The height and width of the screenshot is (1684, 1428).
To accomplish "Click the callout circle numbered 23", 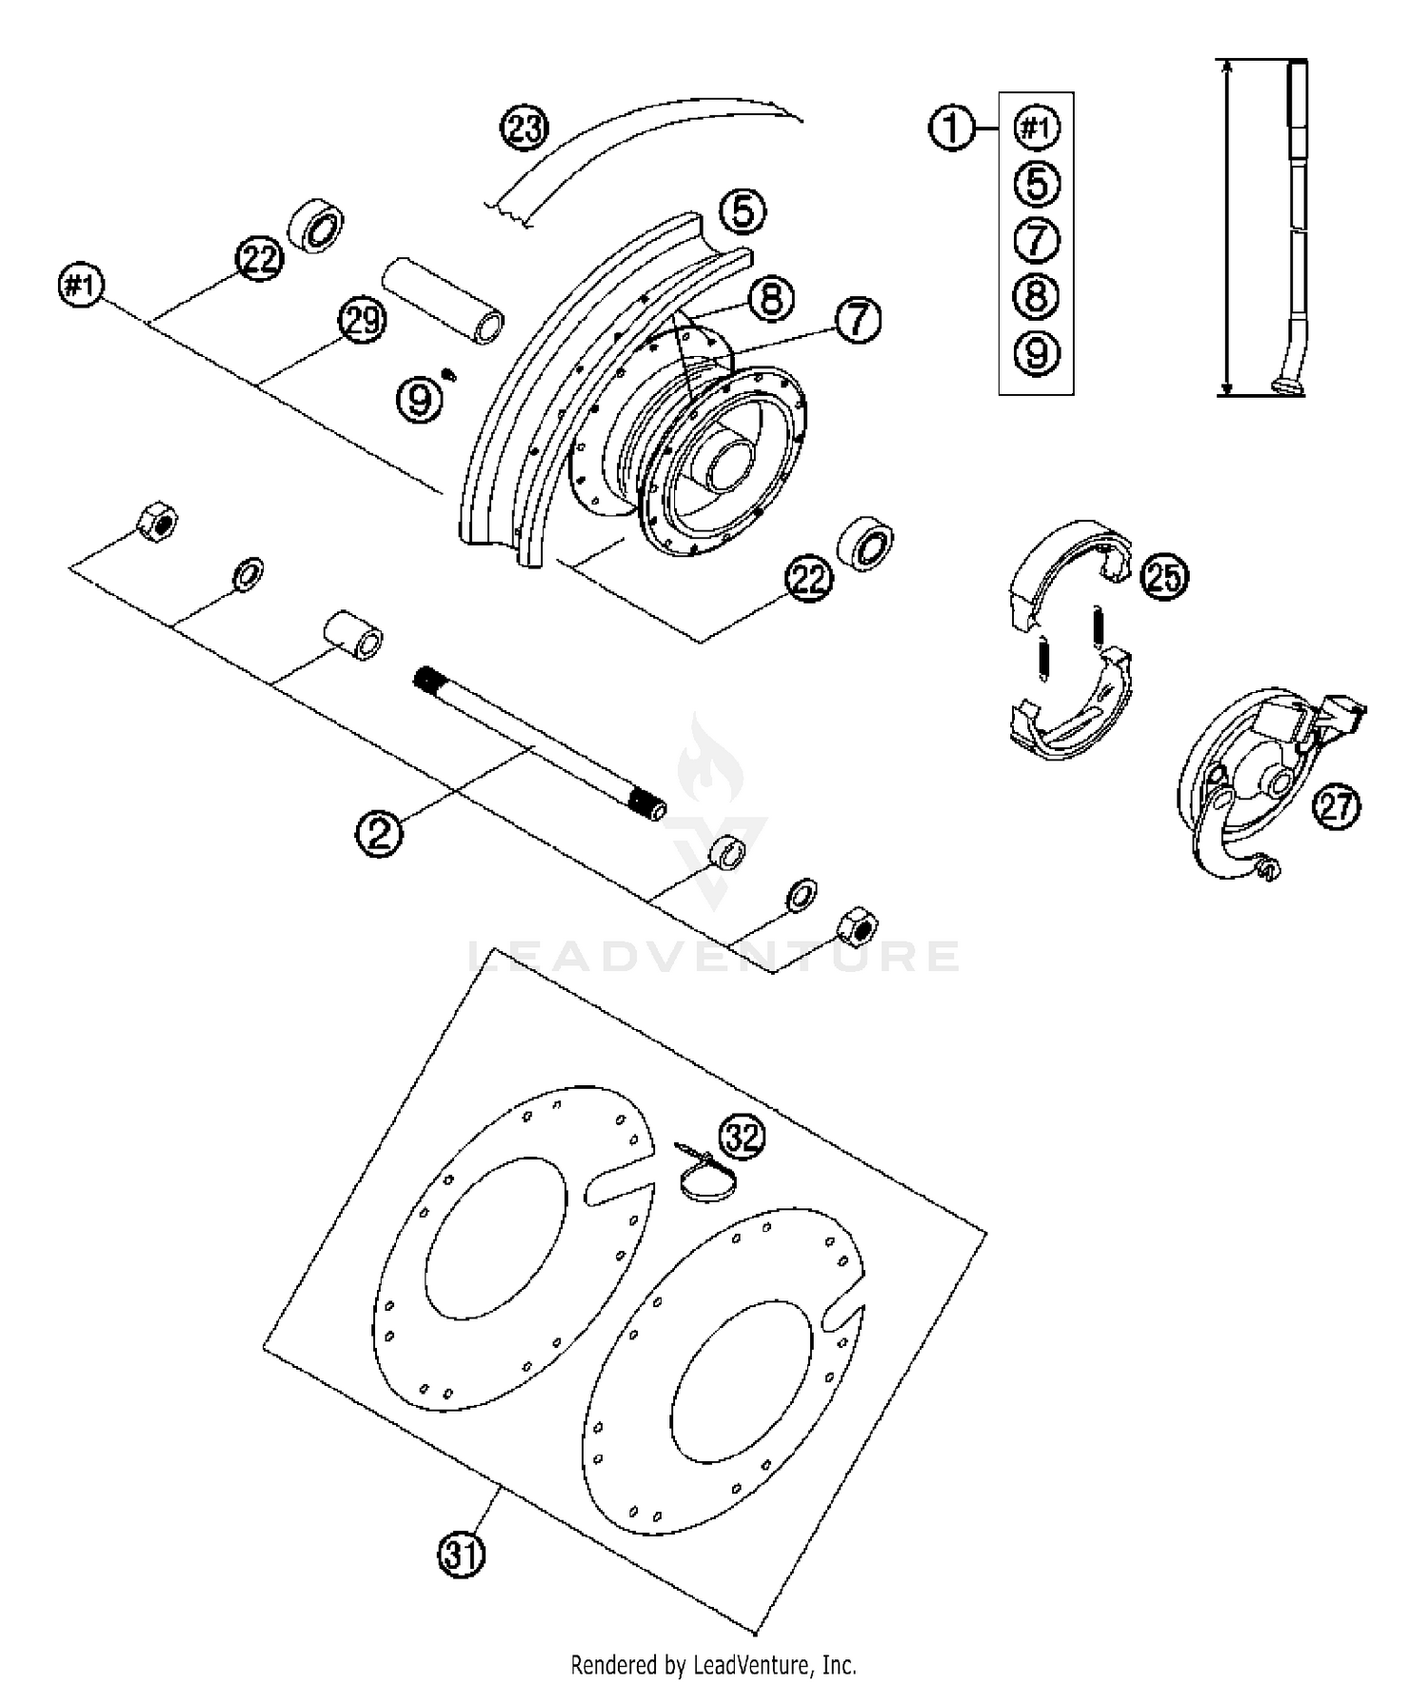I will (525, 129).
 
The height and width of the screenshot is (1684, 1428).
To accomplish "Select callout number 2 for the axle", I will (379, 833).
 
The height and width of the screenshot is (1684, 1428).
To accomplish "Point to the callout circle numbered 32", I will (743, 1136).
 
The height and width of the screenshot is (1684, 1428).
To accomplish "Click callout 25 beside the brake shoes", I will (1165, 576).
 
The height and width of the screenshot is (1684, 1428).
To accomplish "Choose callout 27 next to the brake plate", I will (1336, 806).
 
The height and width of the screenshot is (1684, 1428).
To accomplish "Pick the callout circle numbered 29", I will (363, 321).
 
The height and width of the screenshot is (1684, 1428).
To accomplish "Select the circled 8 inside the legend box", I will (1037, 296).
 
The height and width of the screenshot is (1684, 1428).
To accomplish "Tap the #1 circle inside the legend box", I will (1037, 128).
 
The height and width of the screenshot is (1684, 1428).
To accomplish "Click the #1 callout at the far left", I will (82, 285).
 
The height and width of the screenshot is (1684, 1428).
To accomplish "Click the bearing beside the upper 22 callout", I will (316, 227).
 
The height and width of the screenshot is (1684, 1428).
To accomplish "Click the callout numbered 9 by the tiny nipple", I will (420, 400).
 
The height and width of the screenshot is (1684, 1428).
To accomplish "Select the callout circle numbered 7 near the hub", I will (858, 320).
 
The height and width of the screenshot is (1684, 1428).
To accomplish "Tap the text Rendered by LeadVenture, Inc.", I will (713, 1664).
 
